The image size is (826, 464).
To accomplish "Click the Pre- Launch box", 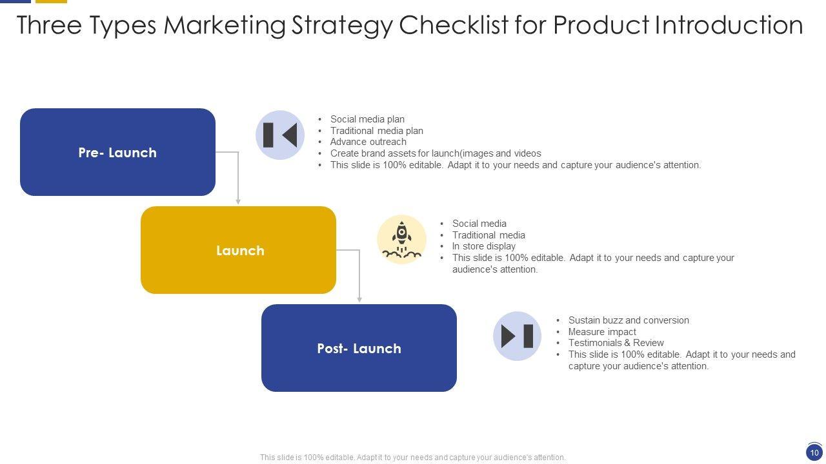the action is coord(117,152).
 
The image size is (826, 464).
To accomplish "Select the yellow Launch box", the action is coord(238,250).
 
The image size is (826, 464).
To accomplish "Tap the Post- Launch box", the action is coord(359,348).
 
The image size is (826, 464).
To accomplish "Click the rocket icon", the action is coord(401,240).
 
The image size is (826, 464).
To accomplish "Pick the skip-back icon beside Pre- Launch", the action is coord(280,135).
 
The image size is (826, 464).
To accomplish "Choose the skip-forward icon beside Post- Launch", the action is coord(517,336).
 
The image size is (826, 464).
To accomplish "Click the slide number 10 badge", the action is coord(814,452).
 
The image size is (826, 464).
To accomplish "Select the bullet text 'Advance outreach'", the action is coord(368,142).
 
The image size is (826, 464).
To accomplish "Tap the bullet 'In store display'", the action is coord(483,246).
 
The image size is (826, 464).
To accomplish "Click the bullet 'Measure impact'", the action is coord(602,332).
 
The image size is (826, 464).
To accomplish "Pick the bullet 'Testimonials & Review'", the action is coord(616,343).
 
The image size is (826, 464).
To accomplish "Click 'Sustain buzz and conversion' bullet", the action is coord(629,320).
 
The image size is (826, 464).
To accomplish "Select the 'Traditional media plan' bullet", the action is coord(376,131).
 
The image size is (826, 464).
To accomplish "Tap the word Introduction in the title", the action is coord(729,25).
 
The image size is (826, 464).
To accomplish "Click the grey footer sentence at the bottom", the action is coord(413,458).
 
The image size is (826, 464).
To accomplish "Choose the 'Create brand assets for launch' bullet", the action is coord(436,153).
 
